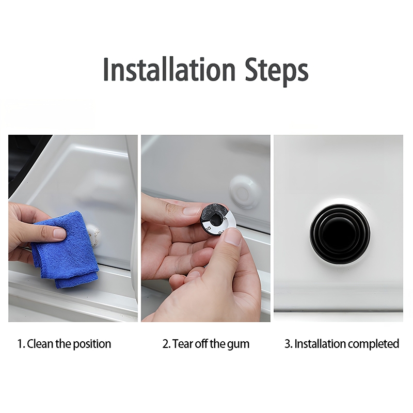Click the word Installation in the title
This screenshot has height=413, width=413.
pyautogui.click(x=169, y=69)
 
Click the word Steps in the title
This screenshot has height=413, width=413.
pyautogui.click(x=277, y=71)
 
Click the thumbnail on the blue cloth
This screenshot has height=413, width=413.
pyautogui.click(x=59, y=233)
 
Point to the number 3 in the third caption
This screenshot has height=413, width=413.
pyautogui.click(x=288, y=344)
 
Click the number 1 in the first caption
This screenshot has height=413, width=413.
pyautogui.click(x=20, y=344)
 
